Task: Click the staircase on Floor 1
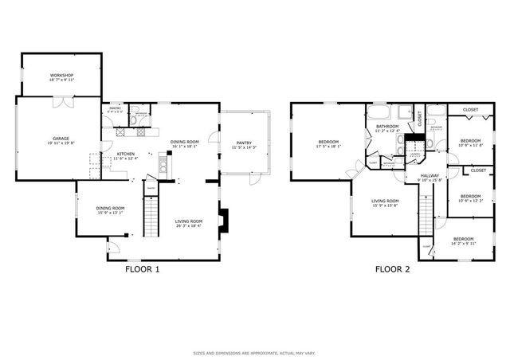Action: (x=151, y=217)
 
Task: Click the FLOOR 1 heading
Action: (x=143, y=269)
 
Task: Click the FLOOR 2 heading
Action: (x=392, y=269)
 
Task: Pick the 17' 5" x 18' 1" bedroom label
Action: (x=328, y=144)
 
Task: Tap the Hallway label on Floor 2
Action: (x=430, y=177)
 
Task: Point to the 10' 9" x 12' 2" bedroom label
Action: (x=470, y=198)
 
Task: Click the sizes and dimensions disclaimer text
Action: (x=255, y=353)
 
